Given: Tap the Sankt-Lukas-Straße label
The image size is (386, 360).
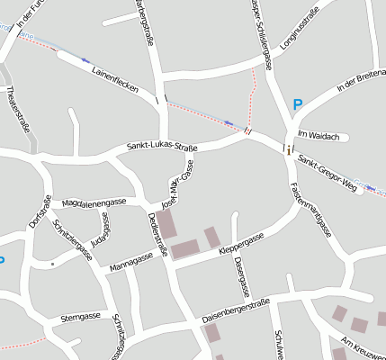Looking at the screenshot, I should coord(163,148).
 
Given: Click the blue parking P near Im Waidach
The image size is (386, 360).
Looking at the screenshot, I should coord(297,105).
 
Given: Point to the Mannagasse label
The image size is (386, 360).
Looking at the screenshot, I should coord(131,262).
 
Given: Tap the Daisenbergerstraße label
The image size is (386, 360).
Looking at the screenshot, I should coord(236,313).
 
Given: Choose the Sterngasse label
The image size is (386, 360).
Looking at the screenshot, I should coord(79,317).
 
